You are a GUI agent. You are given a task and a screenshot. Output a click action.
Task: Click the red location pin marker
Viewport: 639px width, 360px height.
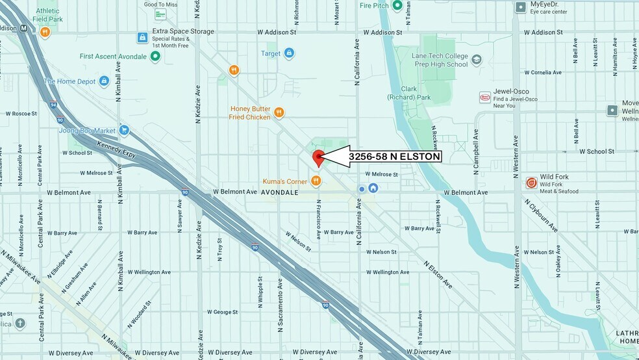point(318,157)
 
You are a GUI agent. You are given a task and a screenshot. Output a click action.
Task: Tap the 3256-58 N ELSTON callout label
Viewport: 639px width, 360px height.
point(394,157)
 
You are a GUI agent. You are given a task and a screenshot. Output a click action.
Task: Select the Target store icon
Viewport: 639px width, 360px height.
point(289,53)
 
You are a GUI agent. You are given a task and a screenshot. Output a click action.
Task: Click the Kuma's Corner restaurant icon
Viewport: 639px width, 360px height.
point(316,181)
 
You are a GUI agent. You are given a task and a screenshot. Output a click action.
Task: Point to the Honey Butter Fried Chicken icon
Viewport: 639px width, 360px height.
point(279,112)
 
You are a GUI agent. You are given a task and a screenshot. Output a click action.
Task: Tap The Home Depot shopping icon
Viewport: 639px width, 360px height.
point(104,81)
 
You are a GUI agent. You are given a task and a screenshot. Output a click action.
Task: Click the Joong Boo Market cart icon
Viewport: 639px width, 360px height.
point(124,131)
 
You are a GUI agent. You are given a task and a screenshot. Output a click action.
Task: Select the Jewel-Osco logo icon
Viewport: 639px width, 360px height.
point(484,97)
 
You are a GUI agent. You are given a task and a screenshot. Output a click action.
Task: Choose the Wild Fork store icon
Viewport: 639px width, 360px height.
point(531,183)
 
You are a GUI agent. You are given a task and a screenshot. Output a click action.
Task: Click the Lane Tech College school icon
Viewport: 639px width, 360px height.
point(477,60)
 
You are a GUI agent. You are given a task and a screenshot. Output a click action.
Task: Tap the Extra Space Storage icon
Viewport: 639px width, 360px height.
point(142,38)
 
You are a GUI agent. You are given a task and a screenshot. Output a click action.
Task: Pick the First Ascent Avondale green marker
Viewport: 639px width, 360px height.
point(155,57)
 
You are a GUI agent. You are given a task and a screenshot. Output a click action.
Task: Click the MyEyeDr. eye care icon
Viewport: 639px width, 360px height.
point(520,7)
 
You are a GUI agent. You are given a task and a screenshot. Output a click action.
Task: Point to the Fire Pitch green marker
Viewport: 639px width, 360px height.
point(397,5)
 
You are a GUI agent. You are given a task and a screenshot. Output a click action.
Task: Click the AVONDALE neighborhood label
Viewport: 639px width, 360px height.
point(279,192)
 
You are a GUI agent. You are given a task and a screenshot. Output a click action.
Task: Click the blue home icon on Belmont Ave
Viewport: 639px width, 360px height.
point(373,188)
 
